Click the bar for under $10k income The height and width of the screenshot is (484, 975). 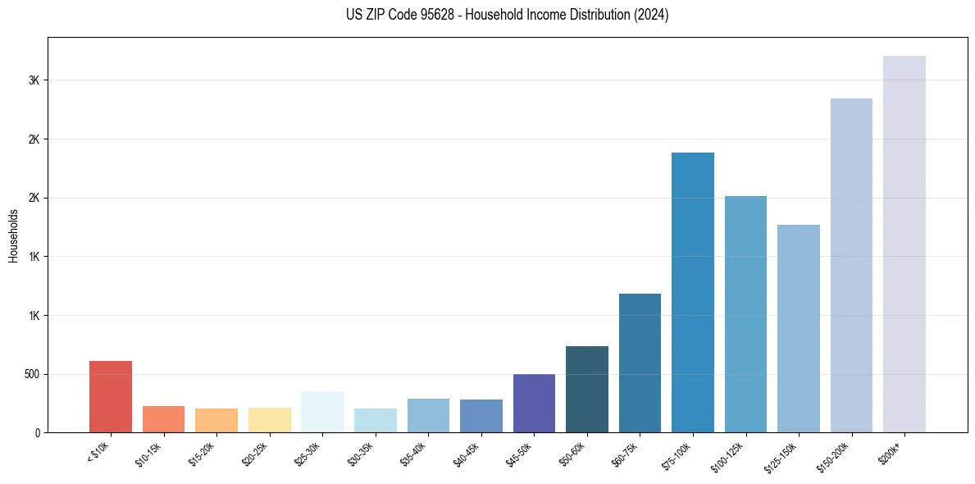[x=111, y=397]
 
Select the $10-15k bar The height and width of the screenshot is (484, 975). [x=163, y=419]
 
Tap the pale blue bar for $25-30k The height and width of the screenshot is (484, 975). [x=322, y=412]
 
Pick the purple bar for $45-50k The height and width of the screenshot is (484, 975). [x=534, y=404]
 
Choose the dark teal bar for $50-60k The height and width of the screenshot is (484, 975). [x=587, y=390]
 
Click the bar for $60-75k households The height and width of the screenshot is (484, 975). [x=640, y=363]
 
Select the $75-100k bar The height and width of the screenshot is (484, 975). [x=693, y=293]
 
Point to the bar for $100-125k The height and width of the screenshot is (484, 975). [x=745, y=314]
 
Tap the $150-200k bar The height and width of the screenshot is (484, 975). [x=851, y=266]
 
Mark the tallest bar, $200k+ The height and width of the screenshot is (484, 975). [x=904, y=244]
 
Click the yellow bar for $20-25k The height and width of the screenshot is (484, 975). [x=269, y=420]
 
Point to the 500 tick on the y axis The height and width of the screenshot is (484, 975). [x=32, y=374]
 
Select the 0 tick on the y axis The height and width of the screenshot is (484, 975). [x=37, y=432]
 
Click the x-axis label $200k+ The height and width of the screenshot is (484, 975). [x=900, y=452]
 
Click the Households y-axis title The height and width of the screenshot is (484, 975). [x=14, y=235]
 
